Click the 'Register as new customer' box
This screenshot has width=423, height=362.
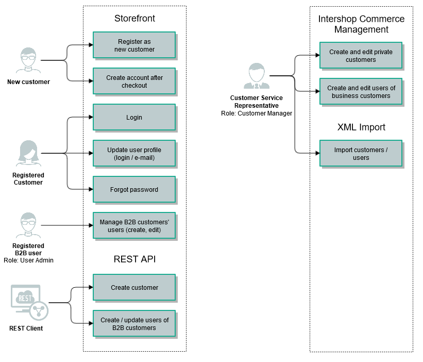tap(134, 45)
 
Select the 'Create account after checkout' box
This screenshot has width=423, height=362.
tap(134, 81)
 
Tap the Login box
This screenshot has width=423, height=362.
tap(134, 117)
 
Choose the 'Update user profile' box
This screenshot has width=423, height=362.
tap(134, 153)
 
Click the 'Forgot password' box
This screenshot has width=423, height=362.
tap(134, 189)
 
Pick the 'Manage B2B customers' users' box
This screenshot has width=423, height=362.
tap(134, 225)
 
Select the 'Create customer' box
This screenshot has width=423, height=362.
tap(134, 287)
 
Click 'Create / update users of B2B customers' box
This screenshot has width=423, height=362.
tap(134, 323)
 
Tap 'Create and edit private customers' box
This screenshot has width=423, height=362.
tap(361, 55)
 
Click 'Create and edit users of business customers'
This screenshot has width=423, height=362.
tap(361, 91)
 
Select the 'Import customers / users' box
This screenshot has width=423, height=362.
tap(361, 153)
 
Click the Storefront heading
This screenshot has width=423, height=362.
tap(134, 19)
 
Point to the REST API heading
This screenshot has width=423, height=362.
tap(134, 259)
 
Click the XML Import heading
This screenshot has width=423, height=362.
tap(361, 127)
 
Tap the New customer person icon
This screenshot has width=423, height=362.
tap(28, 61)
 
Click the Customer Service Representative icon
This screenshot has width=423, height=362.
tap(256, 76)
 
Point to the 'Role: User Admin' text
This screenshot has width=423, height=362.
tap(28, 260)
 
